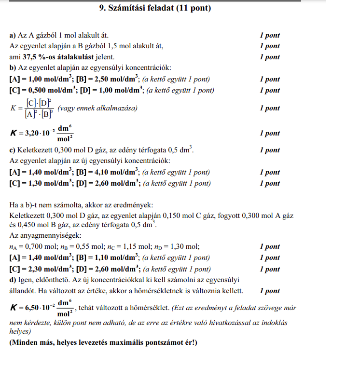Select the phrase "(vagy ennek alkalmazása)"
(97, 108)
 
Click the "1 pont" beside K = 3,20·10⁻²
(269, 133)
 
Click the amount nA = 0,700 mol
(29, 247)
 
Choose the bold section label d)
(13, 280)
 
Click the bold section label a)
(13, 36)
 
